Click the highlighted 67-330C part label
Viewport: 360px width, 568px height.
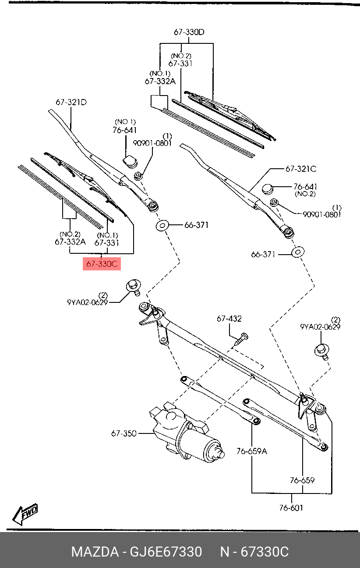click(102, 264)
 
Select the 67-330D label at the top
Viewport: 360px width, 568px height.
click(189, 32)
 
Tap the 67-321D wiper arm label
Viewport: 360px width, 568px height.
click(71, 103)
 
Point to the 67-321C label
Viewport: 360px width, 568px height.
click(300, 169)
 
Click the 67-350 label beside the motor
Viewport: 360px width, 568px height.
click(124, 433)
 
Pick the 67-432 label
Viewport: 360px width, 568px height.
click(229, 319)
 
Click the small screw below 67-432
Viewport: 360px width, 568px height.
click(240, 339)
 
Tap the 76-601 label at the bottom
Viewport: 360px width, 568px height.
click(291, 508)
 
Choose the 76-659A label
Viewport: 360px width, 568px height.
click(251, 451)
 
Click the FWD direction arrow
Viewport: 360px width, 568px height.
click(25, 514)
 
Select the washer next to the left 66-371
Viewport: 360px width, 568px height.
click(163, 226)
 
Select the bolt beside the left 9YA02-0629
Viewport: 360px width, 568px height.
click(133, 286)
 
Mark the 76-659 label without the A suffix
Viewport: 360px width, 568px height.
click(302, 480)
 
